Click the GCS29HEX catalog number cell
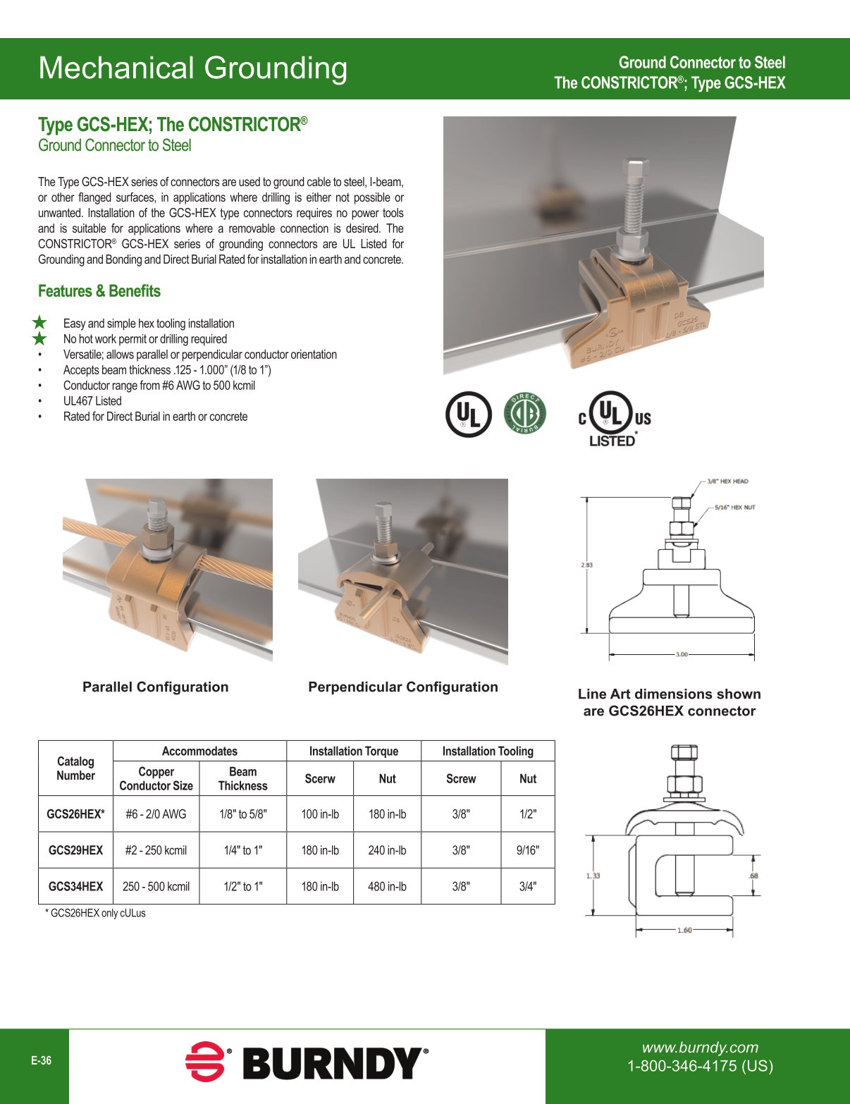coord(75,850)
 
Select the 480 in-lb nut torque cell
coord(387,886)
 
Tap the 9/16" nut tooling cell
coord(527,850)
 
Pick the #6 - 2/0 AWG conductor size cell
coord(156,814)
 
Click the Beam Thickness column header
coord(242,778)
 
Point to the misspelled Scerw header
coord(319,778)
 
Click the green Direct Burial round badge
coord(524,414)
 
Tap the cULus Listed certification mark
coord(614,419)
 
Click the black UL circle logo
coord(468,414)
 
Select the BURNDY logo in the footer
coord(307,1063)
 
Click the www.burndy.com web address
coord(700,1048)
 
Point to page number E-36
coord(41,1060)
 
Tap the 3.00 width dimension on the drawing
coord(681,654)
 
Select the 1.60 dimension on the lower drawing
coord(684,930)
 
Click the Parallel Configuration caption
coord(155,687)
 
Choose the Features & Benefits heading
coord(99,291)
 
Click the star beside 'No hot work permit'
coord(40,339)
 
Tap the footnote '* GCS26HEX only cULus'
coord(95,913)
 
